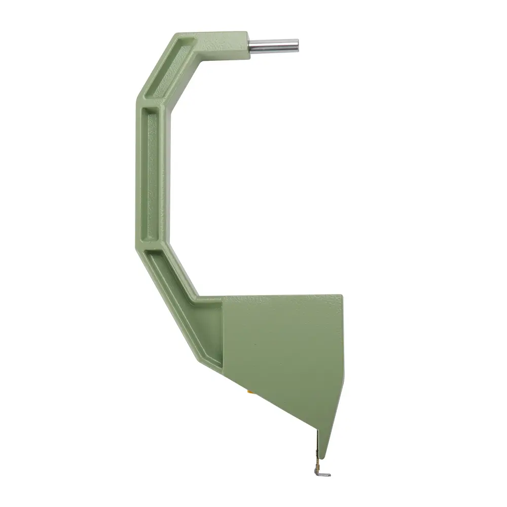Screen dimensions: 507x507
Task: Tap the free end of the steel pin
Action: [297, 45]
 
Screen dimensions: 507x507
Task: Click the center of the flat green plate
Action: [284, 350]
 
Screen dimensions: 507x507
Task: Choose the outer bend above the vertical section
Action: [137, 99]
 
